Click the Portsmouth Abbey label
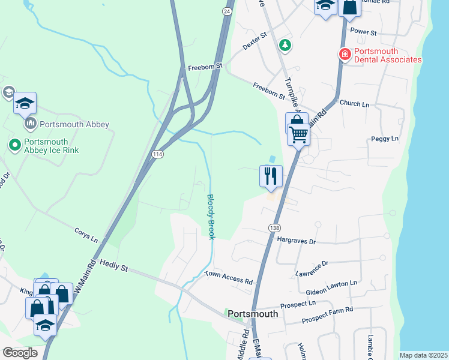tap(74, 125)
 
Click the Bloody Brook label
tap(211, 217)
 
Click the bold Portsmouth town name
tap(253, 314)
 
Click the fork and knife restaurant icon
tap(271, 176)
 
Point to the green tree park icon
tap(285, 44)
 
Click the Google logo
tap(20, 353)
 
